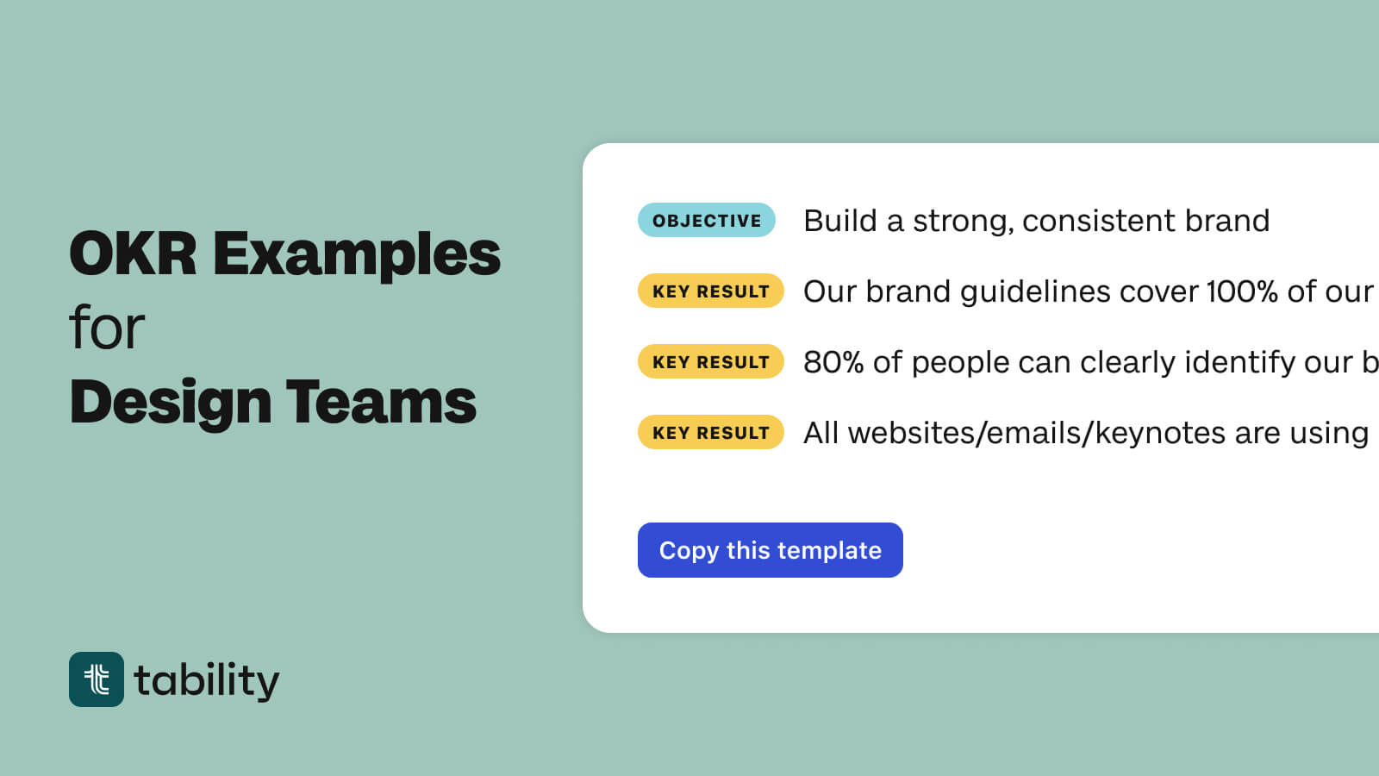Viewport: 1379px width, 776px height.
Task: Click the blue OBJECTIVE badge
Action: point(706,221)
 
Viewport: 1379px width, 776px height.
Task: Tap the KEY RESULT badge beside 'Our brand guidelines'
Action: point(710,291)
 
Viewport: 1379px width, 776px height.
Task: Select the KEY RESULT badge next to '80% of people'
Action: point(710,362)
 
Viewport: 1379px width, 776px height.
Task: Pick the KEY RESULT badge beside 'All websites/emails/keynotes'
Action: point(710,433)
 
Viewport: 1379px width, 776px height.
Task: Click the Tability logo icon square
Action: point(97,679)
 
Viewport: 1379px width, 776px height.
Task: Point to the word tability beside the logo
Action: point(207,681)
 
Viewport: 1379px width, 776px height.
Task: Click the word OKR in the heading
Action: point(133,254)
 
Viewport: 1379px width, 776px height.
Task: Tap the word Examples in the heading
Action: point(356,256)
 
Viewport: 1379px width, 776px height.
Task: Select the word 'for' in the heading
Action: point(107,329)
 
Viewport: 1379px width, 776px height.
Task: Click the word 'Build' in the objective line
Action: point(839,221)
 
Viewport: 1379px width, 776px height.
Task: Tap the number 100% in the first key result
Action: point(1241,291)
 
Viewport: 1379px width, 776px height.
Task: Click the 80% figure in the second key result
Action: point(833,362)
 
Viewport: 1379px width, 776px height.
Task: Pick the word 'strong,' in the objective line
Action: point(963,222)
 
